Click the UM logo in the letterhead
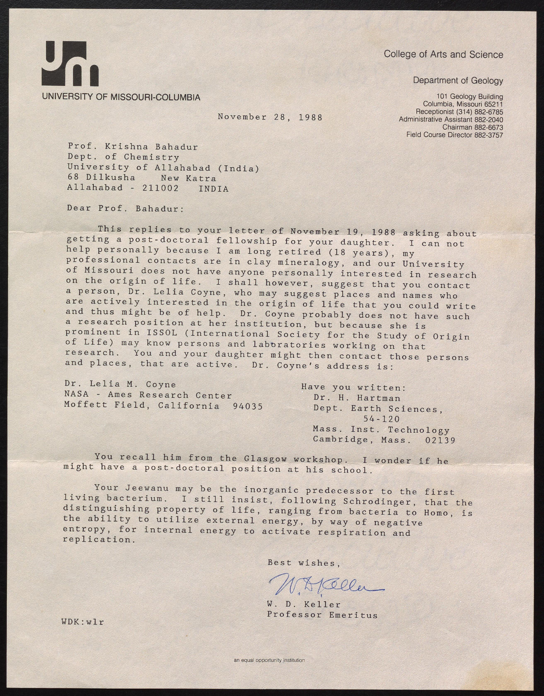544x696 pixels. coord(70,64)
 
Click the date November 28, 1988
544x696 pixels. coord(270,117)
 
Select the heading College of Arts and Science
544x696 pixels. coord(443,54)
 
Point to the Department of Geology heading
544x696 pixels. coord(458,81)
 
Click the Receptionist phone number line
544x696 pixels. coord(459,112)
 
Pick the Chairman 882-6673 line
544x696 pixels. coord(473,127)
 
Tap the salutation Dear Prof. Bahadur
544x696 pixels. coord(125,209)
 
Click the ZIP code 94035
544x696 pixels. coord(248,406)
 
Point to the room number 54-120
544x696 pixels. coord(381,419)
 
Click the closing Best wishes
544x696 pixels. coord(304,563)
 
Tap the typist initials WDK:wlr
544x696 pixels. coord(83,622)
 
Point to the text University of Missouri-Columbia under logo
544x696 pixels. coord(121,97)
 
